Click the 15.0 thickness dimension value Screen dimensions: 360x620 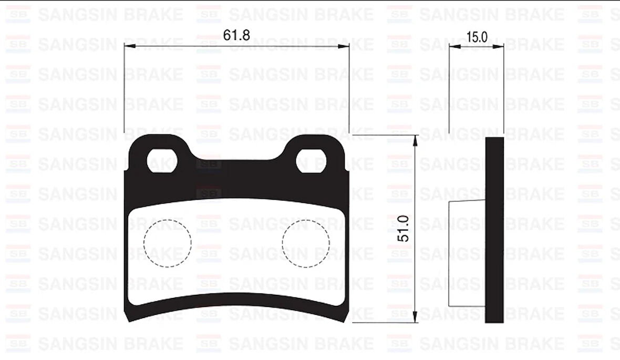coord(477,37)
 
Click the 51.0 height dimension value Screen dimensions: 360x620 coord(403,228)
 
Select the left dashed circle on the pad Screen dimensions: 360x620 coord(167,242)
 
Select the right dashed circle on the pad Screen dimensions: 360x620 coord(306,242)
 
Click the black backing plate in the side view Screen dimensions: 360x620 coord(494,230)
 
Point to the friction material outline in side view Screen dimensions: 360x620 coord(467,253)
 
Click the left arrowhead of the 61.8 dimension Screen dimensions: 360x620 coord(129,46)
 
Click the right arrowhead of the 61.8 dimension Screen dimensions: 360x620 coord(345,46)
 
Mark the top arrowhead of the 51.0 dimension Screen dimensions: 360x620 coord(416,139)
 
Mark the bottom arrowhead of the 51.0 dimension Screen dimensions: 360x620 coord(416,318)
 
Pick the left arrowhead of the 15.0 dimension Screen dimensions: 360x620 coord(454,46)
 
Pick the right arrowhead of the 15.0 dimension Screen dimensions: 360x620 coord(500,46)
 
